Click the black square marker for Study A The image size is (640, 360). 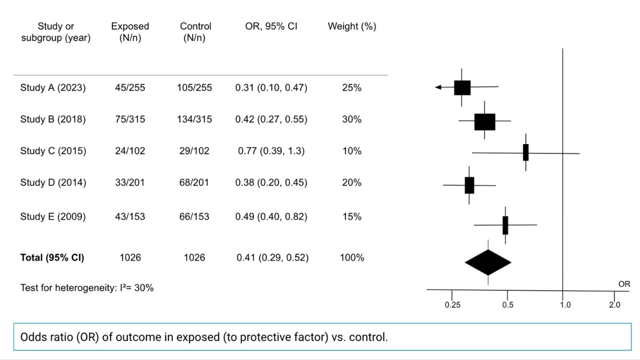pyautogui.click(x=462, y=88)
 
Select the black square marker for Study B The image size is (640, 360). pyautogui.click(x=485, y=122)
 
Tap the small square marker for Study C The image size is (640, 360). pyautogui.click(x=526, y=153)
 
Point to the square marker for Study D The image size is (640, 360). pyautogui.click(x=470, y=185)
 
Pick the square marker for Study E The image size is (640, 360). pyautogui.click(x=506, y=226)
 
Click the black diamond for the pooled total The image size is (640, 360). pyautogui.click(x=488, y=263)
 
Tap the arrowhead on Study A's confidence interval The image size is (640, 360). pyautogui.click(x=438, y=87)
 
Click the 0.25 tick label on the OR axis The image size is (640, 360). pyautogui.click(x=453, y=305)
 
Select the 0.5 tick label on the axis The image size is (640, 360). pyautogui.click(x=507, y=305)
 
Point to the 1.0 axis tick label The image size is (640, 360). pyautogui.click(x=565, y=305)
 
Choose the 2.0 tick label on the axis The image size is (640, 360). pyautogui.click(x=615, y=305)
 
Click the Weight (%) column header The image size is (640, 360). pyautogui.click(x=352, y=26)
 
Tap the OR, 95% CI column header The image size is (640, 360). pyautogui.click(x=271, y=26)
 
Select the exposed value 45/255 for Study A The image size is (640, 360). pyautogui.click(x=130, y=88)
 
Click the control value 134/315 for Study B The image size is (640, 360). pyautogui.click(x=194, y=120)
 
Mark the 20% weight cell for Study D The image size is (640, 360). pyautogui.click(x=352, y=182)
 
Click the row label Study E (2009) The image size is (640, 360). pyautogui.click(x=53, y=217)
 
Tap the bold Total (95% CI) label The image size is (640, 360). pyautogui.click(x=52, y=258)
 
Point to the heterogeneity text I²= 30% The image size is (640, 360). pyautogui.click(x=137, y=288)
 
